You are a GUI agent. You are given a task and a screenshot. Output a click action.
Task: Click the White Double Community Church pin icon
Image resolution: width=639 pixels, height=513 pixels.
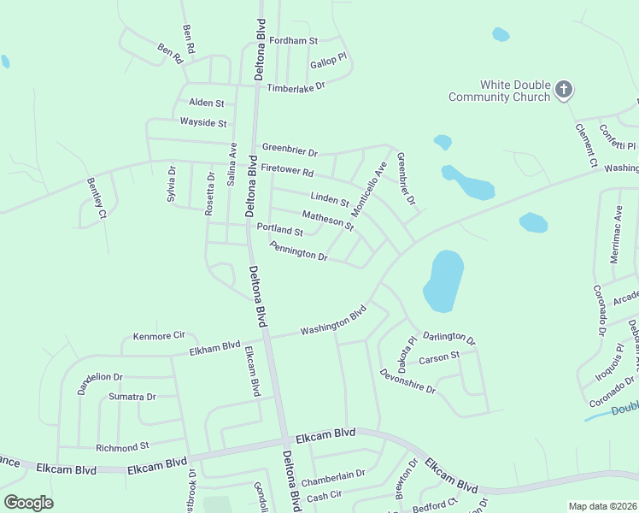tap(563, 89)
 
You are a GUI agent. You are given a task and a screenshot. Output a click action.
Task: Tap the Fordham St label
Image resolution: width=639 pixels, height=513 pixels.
tap(293, 40)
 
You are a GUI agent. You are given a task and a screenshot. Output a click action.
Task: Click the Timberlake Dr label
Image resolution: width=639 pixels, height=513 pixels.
tap(296, 87)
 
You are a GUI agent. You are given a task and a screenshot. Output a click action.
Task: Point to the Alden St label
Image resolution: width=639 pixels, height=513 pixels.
tap(206, 103)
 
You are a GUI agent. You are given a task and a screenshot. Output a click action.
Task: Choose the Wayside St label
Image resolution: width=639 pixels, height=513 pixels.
tap(203, 123)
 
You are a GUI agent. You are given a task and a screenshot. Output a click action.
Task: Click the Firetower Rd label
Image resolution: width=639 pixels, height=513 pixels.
tap(287, 171)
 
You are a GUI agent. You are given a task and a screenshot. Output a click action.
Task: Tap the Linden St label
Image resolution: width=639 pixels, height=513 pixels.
tap(330, 200)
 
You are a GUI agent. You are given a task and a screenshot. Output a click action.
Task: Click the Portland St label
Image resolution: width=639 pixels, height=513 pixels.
tap(280, 231)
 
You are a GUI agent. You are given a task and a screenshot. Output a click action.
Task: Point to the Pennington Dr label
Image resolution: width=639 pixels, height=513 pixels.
tap(298, 251)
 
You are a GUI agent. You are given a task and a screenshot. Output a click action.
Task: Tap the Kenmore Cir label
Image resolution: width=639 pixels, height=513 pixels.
tap(159, 337)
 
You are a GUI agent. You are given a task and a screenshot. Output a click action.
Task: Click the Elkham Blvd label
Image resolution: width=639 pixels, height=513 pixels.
tap(214, 347)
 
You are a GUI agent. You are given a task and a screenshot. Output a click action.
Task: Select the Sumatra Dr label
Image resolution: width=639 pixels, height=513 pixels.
tap(132, 397)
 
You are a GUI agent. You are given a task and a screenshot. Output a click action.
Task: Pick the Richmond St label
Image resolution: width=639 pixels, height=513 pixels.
tap(122, 446)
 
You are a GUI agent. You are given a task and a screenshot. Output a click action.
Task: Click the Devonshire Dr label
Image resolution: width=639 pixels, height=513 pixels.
tap(407, 381)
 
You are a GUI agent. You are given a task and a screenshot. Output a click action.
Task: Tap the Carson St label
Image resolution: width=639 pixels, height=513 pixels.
tap(439, 357)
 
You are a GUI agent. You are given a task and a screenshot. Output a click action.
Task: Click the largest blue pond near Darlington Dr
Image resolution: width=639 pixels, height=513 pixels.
tap(443, 280)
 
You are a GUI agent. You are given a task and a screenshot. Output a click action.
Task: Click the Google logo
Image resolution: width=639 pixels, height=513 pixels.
tap(29, 503)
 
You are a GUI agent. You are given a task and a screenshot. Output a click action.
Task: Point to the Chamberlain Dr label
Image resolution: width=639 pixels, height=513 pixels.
tap(333, 473)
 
